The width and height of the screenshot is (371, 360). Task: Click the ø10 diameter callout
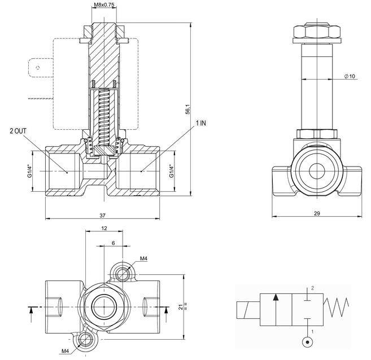(350, 77)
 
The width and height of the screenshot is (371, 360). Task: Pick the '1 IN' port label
(201, 122)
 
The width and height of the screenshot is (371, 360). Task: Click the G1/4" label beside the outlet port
(29, 170)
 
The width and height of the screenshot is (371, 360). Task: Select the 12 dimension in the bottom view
(104, 228)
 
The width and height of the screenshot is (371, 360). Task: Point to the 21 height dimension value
(180, 307)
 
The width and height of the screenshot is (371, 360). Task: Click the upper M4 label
(143, 258)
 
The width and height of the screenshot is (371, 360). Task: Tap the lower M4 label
(66, 350)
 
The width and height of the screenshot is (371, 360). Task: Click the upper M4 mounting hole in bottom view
(124, 274)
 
